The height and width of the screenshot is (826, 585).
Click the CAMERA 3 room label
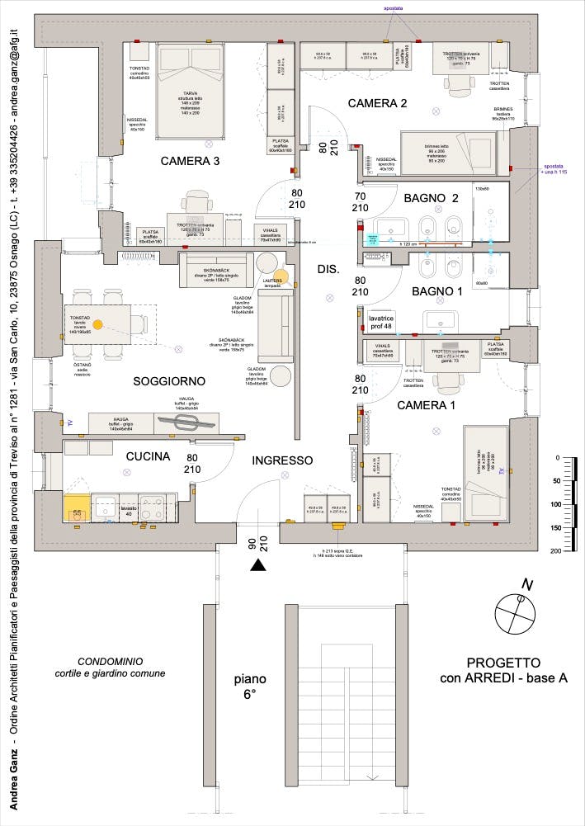point(189,161)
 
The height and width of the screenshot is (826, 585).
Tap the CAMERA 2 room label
point(377,104)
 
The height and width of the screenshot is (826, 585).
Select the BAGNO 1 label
point(436,291)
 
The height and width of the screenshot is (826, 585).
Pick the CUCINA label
point(148,456)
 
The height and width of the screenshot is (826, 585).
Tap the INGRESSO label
point(282,460)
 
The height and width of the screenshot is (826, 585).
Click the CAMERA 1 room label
point(426,406)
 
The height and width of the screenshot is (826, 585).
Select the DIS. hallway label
point(328,269)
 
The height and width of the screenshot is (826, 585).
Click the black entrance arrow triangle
point(258,565)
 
